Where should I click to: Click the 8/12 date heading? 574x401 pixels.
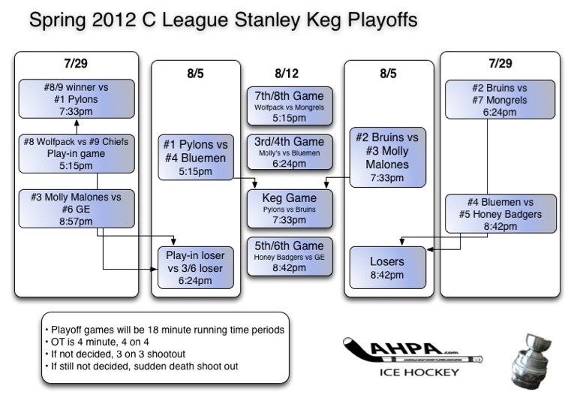(x=287, y=74)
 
